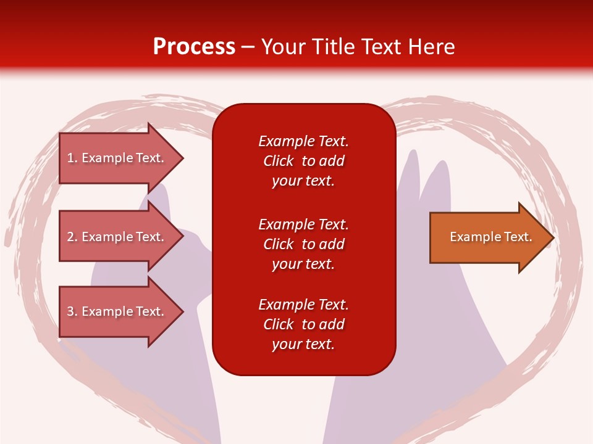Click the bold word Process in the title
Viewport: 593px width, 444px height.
tap(194, 47)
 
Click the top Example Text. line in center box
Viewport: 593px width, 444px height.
tap(303, 141)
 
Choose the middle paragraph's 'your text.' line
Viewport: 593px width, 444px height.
tap(303, 264)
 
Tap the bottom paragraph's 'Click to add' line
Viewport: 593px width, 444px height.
tap(303, 324)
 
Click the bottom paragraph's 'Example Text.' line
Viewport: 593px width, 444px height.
tap(303, 305)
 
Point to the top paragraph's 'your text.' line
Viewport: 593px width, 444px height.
tap(303, 181)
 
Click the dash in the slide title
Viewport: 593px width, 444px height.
tap(248, 47)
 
